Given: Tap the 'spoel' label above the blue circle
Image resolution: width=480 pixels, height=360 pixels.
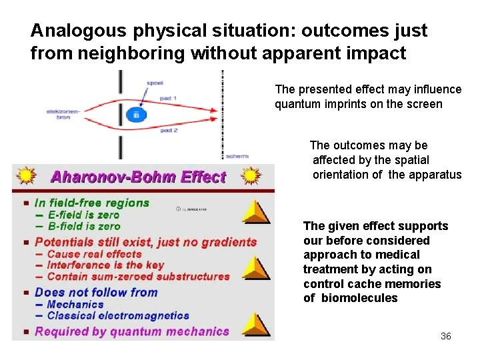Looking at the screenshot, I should (x=155, y=83).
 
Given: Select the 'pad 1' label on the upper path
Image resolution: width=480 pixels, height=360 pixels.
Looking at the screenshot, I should (x=168, y=98).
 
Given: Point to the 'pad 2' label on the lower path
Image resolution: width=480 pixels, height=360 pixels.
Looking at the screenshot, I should (x=168, y=131).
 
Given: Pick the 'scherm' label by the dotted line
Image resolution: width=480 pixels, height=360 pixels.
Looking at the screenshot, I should (x=237, y=156).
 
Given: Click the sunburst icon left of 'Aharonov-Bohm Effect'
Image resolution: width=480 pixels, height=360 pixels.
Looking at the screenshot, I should (x=26, y=176).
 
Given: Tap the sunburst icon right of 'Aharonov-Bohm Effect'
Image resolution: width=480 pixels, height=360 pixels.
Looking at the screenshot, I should (x=251, y=176).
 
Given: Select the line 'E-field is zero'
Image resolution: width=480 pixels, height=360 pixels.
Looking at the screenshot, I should (x=83, y=215).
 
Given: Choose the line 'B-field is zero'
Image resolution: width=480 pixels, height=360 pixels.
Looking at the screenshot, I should (x=83, y=226).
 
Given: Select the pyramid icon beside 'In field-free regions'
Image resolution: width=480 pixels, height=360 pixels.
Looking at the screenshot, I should (x=255, y=211).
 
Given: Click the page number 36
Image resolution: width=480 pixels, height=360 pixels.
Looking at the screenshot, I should (x=445, y=336).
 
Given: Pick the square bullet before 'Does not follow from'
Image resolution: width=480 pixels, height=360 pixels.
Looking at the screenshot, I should (x=25, y=293).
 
